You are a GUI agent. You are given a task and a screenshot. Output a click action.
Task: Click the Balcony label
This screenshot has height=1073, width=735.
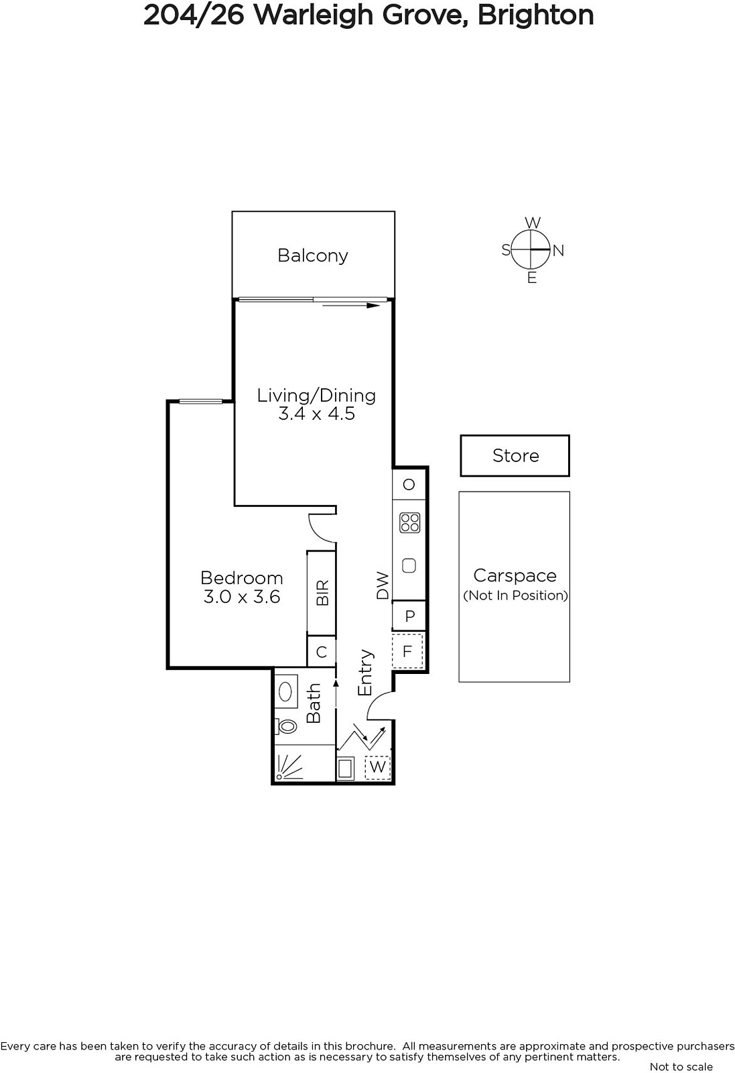click(312, 256)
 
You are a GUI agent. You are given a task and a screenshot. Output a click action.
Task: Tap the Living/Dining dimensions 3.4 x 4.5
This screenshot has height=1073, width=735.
click(317, 413)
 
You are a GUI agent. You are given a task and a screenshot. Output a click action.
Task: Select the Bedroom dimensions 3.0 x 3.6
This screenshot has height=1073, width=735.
click(242, 597)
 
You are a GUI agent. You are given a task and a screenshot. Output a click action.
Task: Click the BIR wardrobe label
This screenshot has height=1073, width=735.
click(322, 593)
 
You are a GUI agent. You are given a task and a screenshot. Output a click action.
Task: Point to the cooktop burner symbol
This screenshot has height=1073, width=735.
click(409, 523)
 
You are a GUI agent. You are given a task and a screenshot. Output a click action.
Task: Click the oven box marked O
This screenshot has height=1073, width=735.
click(409, 484)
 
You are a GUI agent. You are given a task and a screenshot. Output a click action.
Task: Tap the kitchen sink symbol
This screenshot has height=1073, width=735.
click(409, 566)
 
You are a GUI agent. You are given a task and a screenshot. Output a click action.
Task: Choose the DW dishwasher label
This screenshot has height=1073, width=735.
click(383, 585)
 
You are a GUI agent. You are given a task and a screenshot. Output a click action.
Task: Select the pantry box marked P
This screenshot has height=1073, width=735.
click(409, 616)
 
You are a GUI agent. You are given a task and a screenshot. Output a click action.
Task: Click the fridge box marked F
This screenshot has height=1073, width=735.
click(407, 651)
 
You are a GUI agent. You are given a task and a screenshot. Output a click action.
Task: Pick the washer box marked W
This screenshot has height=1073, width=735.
click(377, 767)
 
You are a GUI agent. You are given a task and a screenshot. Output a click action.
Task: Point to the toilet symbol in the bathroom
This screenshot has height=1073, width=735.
click(285, 726)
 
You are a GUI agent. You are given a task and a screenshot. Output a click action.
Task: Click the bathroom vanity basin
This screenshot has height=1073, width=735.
click(285, 691)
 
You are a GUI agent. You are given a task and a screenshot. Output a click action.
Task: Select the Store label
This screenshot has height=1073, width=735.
click(516, 455)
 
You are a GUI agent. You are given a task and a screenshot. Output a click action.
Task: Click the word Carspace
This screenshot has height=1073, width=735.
click(515, 576)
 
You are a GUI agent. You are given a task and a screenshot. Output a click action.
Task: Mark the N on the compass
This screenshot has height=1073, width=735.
click(558, 251)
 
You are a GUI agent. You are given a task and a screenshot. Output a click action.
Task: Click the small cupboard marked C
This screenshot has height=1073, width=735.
click(322, 652)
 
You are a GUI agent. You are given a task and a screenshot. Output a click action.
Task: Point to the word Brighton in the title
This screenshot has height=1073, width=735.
click(535, 15)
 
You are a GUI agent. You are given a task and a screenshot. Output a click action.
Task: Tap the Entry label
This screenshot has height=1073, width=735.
click(366, 673)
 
